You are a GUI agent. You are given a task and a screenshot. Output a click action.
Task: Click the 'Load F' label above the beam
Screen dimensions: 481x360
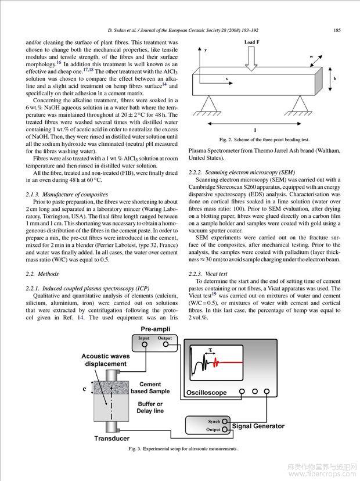[x=253, y=43]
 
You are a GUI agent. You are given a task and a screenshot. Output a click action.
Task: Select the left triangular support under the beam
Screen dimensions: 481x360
[x=208, y=104]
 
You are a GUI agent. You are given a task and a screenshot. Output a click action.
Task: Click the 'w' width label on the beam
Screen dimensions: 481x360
[x=311, y=57]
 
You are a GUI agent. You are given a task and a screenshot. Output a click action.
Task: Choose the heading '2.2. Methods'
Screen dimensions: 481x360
[x=42, y=272]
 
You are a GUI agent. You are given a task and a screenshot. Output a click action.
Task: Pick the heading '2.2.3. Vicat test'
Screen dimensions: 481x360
[x=208, y=273]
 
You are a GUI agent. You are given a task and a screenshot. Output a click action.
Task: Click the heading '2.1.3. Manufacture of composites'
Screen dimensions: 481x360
[x=67, y=194]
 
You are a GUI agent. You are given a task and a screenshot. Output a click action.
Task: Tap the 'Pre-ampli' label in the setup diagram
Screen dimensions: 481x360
[x=154, y=330]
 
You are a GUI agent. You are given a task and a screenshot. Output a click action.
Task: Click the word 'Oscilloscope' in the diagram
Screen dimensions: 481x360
[x=207, y=393]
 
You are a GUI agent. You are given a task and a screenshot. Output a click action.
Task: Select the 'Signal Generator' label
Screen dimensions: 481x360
[x=258, y=426]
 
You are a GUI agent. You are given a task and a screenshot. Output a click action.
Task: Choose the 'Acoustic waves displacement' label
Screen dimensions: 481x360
[x=104, y=360]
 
